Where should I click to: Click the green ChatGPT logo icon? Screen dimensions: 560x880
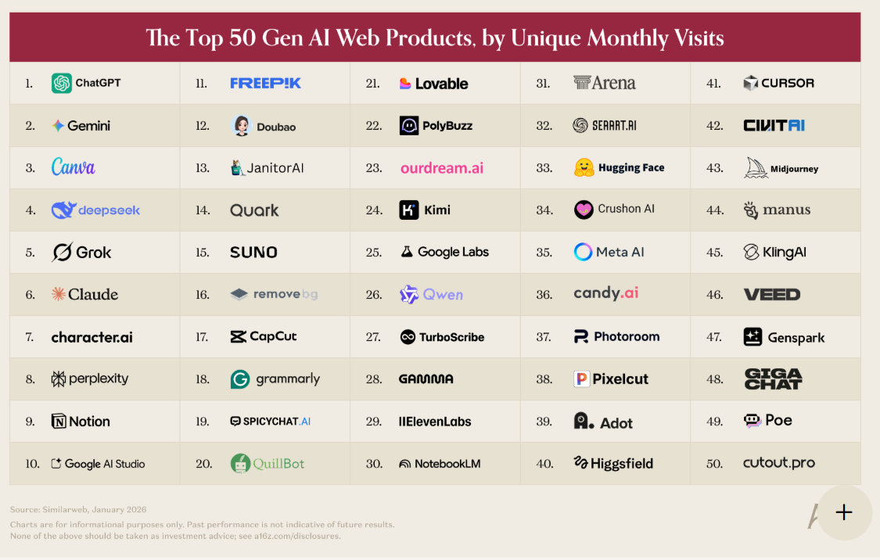coord(62,83)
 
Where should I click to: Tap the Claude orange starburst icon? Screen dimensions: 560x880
coord(58,294)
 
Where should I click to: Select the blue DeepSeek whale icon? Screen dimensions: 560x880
coord(63,210)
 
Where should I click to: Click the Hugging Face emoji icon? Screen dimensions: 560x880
coord(584,167)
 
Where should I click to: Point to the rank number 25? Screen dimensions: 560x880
coord(373,253)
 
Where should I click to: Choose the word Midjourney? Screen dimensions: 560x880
coord(794,169)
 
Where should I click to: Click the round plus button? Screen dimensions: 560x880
coord(843,512)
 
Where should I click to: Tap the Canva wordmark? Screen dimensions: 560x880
coord(73,167)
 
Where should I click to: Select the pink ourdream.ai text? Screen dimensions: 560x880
coord(442,168)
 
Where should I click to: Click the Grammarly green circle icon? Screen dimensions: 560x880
coord(239,379)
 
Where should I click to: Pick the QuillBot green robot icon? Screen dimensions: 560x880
coord(240,464)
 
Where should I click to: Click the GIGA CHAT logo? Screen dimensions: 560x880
coord(773,379)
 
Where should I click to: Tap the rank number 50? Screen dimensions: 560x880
coord(714,464)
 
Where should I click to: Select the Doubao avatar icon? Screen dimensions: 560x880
coord(242,126)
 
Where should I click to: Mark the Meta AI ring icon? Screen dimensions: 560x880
coord(583,252)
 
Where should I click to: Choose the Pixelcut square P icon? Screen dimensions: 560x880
coord(580,379)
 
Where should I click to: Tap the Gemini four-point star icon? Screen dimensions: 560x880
coord(58,125)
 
